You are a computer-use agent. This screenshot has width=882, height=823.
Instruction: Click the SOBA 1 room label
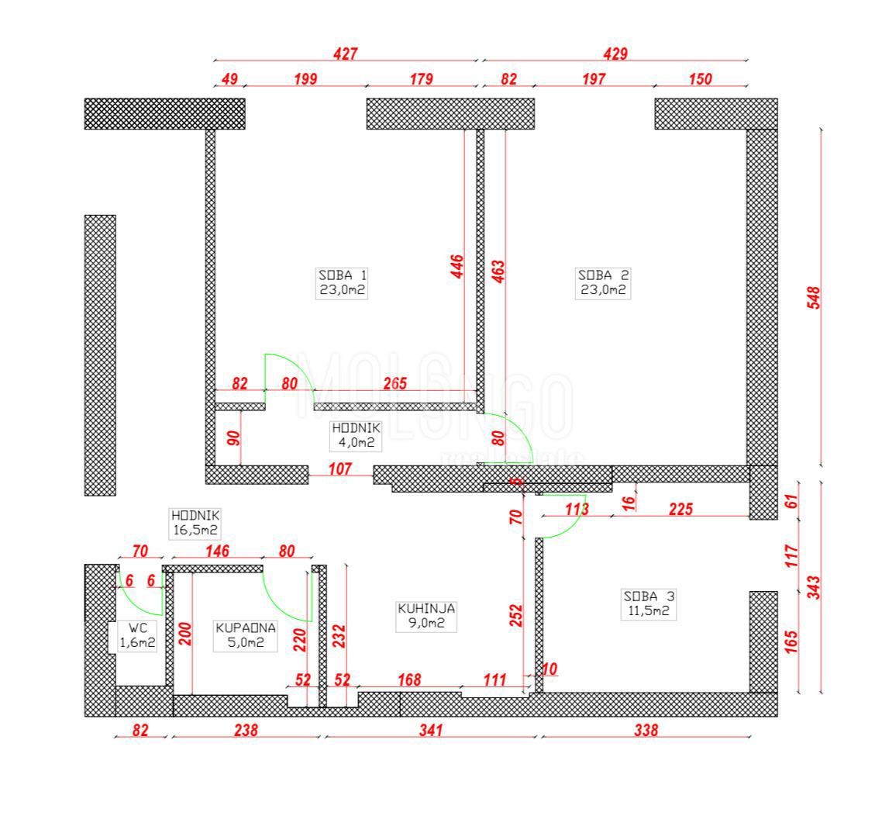point(342,282)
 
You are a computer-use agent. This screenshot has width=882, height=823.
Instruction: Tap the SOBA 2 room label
point(603,282)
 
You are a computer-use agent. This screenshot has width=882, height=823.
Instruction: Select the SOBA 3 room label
point(649,603)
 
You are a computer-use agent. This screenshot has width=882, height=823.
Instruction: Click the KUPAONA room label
point(245,635)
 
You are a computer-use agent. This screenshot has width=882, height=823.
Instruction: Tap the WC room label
point(137,635)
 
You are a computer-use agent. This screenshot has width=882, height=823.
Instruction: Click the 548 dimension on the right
point(813,298)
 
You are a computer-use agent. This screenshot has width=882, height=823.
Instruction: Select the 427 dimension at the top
point(345,54)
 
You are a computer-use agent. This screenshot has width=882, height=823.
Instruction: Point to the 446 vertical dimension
point(457,268)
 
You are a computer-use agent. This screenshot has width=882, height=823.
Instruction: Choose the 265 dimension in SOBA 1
point(394,383)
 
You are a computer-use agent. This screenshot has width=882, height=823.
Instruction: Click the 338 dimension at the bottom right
point(645,730)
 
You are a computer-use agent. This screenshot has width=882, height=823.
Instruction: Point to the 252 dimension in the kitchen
point(516,614)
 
